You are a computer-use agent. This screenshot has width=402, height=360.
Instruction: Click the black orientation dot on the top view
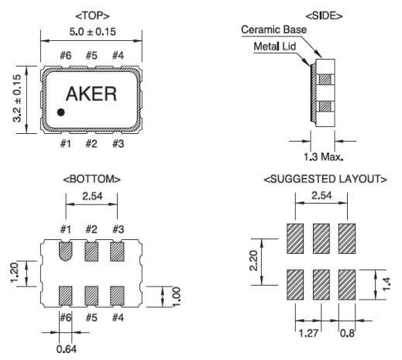[x=61, y=112]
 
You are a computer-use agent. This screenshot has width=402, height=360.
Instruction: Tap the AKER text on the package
[x=91, y=94]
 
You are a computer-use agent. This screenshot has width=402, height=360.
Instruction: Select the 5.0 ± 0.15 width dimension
[x=92, y=32]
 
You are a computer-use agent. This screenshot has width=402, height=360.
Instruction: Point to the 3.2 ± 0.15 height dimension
[x=17, y=98]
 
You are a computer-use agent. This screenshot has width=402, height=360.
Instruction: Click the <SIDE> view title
[x=324, y=16]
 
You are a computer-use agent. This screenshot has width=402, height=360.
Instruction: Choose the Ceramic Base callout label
[x=274, y=29]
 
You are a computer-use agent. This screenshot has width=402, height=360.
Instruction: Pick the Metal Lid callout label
[x=275, y=46]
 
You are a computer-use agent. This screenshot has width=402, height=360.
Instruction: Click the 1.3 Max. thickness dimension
[x=324, y=156]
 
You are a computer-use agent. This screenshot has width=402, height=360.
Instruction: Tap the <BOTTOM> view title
[x=92, y=179]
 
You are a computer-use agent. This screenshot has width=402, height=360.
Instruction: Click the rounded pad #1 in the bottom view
[x=66, y=251]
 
